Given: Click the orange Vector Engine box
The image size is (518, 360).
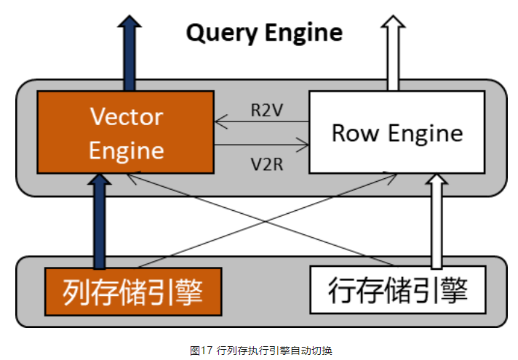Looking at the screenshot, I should point(125,132).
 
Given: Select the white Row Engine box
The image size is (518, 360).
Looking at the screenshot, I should point(397,132).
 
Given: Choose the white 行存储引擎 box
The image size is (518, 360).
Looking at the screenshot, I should point(397,290).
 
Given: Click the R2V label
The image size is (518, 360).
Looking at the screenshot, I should point(263,110).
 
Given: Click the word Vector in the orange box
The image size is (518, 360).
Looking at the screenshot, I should point(126,116).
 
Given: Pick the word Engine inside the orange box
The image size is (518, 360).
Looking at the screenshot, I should point(126,151).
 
